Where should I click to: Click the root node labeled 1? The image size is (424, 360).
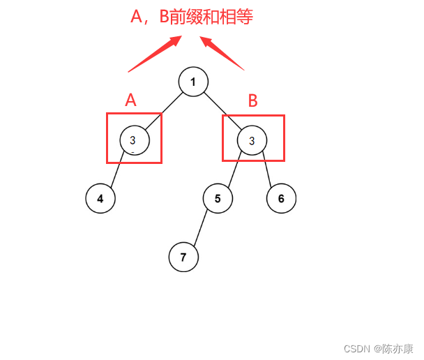click(x=193, y=82)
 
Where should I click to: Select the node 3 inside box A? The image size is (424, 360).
click(x=132, y=140)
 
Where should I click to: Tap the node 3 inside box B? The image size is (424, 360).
click(x=252, y=140)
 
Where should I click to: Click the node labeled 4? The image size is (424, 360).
click(x=100, y=198)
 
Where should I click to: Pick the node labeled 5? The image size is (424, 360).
click(x=218, y=198)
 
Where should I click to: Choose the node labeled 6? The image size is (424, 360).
click(x=281, y=198)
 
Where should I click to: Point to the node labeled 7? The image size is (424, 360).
click(x=183, y=257)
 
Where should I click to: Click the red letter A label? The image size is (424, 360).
click(x=130, y=100)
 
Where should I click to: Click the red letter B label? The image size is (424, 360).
click(x=252, y=101)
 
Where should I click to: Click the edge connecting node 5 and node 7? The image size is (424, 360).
click(x=201, y=227)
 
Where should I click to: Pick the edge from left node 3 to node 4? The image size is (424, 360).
click(x=116, y=170)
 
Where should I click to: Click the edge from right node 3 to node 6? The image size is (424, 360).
click(x=267, y=170)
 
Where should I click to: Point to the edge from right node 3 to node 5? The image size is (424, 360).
click(x=234, y=170)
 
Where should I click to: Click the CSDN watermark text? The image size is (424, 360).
click(x=356, y=347)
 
